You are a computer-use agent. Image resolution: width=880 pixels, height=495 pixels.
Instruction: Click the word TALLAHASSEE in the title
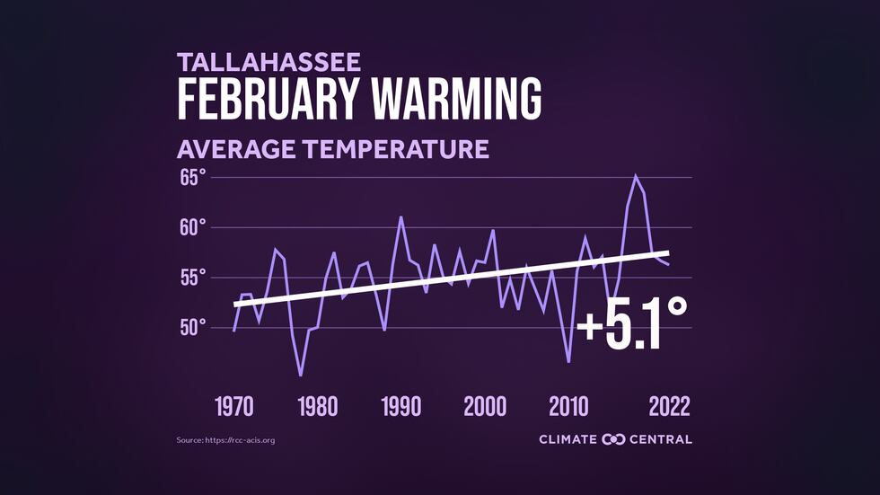269,62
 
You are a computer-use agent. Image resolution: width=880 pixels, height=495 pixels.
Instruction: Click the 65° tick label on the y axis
192,178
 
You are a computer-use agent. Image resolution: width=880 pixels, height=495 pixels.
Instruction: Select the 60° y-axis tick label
192,227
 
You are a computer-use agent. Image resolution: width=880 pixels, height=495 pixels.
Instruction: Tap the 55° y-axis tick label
192,277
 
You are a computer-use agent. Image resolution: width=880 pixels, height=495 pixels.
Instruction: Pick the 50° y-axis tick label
192,327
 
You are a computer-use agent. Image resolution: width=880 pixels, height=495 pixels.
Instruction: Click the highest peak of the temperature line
636,176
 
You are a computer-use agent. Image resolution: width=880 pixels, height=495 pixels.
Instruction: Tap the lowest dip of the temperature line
301,375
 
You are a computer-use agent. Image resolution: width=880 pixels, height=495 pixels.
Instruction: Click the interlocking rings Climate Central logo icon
613,439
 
